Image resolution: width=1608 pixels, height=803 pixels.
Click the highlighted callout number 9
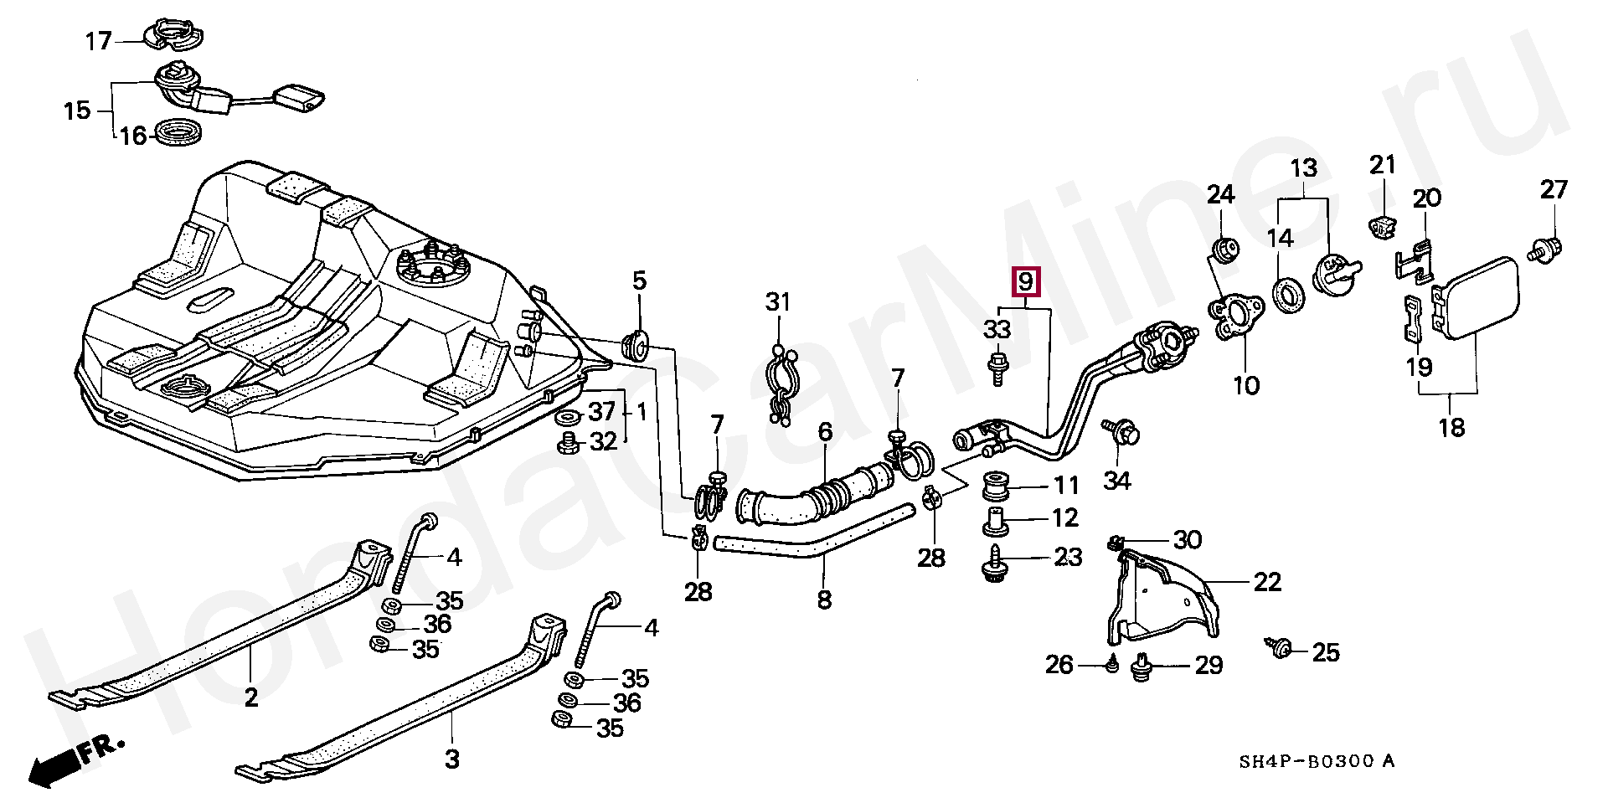tap(1026, 281)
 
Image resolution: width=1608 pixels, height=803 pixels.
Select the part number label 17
tap(99, 40)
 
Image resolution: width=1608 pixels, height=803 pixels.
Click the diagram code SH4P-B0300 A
tap(1317, 761)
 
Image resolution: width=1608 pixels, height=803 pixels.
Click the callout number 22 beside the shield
tap(1267, 582)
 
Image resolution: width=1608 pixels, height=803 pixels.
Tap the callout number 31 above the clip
tap(778, 301)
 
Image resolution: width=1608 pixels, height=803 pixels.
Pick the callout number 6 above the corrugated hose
tap(825, 431)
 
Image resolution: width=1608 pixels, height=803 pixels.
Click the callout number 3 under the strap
tap(451, 759)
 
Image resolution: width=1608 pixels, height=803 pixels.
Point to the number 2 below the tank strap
tap(251, 696)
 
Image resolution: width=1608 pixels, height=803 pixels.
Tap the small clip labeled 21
tap(1384, 225)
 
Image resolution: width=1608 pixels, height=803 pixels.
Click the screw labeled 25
tap(1279, 648)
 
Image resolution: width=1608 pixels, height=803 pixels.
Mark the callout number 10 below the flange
tap(1246, 385)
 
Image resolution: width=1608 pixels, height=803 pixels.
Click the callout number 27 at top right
tap(1553, 189)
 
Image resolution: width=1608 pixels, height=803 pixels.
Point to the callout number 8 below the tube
tap(824, 600)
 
